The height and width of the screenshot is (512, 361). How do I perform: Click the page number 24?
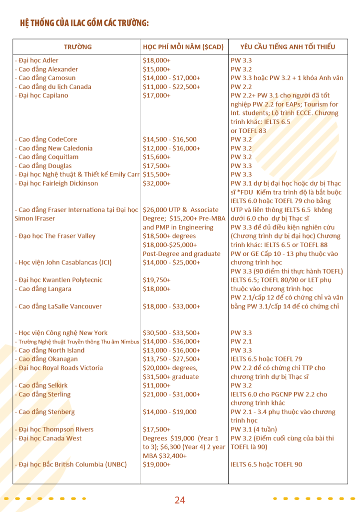180,500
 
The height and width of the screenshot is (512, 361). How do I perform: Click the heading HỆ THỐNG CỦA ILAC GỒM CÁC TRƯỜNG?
84,23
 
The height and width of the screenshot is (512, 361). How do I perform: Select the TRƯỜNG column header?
77,47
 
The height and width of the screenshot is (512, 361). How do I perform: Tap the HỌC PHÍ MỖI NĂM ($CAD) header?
183,47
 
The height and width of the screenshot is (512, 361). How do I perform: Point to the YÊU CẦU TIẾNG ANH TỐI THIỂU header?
287,47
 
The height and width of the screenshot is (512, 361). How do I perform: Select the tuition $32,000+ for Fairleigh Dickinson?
156,183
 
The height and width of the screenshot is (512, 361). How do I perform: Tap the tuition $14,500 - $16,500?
170,139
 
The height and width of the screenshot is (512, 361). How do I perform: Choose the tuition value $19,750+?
156,280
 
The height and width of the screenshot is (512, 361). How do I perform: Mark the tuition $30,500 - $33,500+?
171,333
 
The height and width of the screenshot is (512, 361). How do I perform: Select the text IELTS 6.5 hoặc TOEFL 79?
266,359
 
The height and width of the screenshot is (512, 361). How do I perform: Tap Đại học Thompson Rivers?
54,429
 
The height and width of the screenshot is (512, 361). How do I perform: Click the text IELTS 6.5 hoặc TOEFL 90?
266,464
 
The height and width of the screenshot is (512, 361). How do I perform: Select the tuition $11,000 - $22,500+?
171,87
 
